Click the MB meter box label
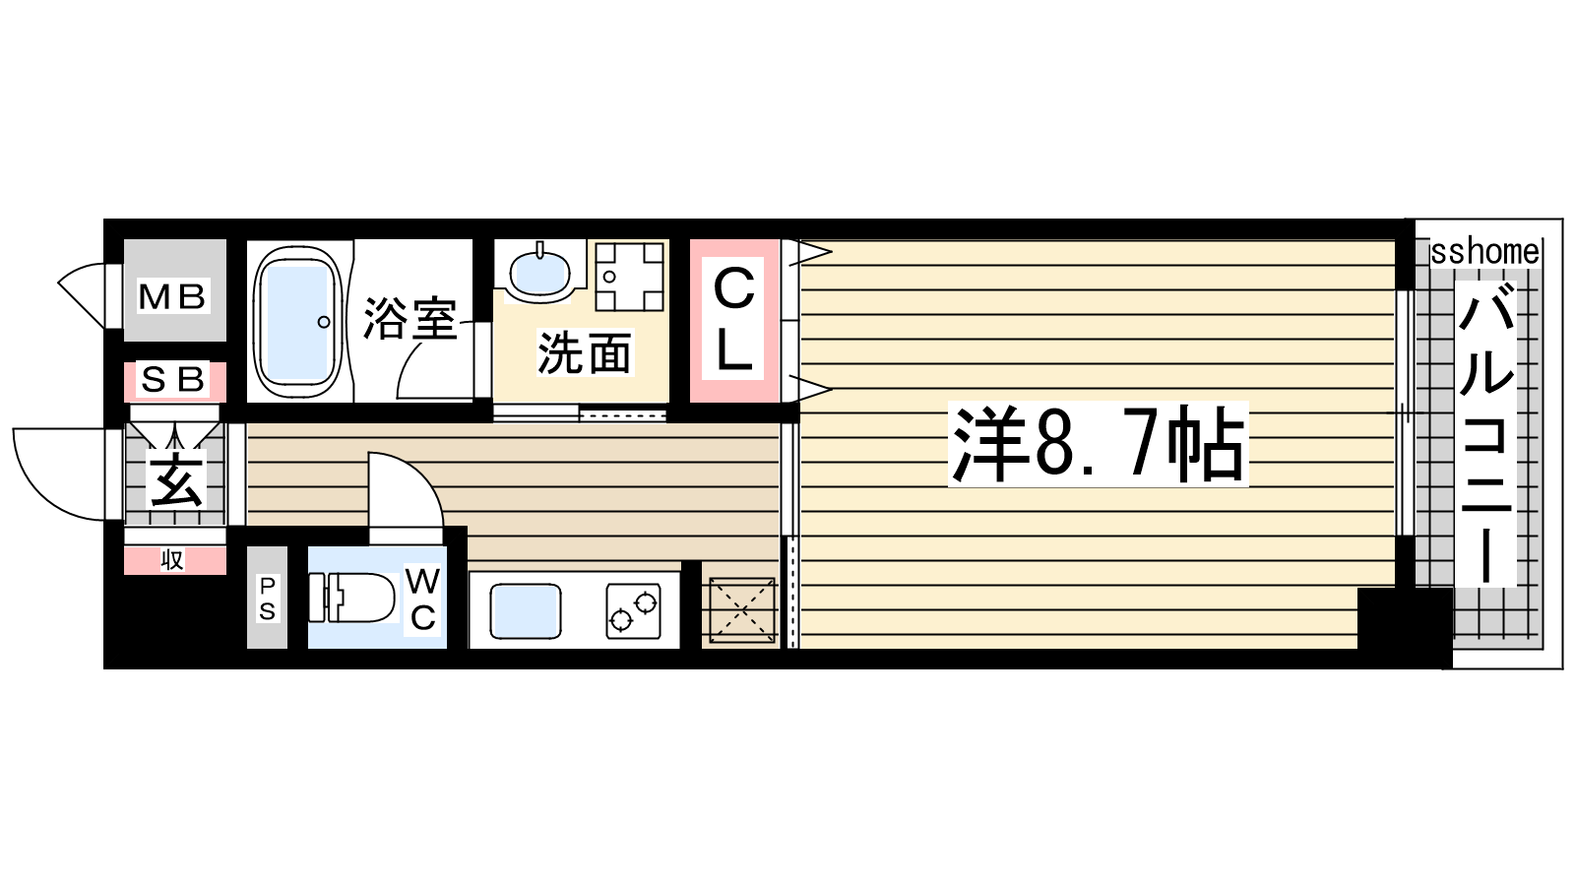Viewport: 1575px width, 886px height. tap(173, 296)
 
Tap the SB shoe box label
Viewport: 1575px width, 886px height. tap(173, 380)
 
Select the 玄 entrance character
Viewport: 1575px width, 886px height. tap(176, 479)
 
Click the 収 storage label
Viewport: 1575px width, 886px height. tap(172, 560)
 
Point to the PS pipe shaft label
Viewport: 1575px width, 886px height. tap(267, 599)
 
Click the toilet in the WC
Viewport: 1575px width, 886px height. tap(351, 597)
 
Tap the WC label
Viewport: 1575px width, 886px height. tap(422, 600)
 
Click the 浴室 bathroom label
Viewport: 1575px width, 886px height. tap(410, 319)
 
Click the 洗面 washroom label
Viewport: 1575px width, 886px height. tap(585, 352)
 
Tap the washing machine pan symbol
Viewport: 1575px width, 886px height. tap(629, 277)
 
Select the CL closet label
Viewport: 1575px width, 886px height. tap(734, 320)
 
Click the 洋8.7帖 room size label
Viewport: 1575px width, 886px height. tap(1098, 444)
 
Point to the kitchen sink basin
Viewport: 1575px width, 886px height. tap(526, 611)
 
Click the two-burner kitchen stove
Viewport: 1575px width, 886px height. tap(634, 611)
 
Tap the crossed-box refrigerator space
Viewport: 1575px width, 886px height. tap(742, 610)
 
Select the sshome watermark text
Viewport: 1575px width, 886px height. tap(1485, 252)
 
